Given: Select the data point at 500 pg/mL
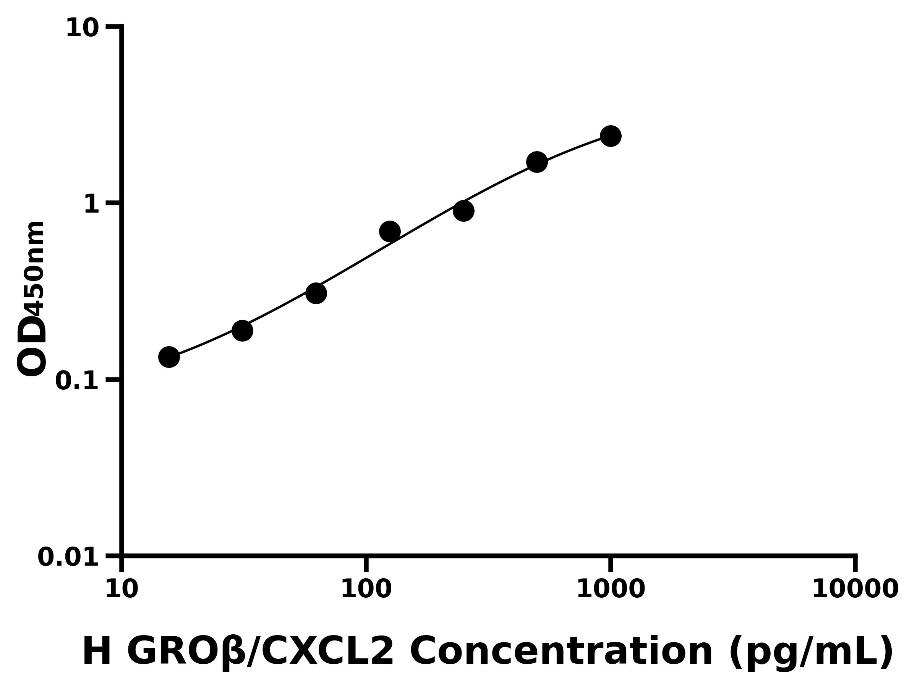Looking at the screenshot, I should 537,161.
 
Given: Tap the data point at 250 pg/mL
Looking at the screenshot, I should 463,211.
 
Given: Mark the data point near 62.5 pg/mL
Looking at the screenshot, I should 316,293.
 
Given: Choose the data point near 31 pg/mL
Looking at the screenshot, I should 242,331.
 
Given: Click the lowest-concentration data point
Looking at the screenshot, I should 169,357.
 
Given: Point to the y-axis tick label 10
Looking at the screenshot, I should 83,29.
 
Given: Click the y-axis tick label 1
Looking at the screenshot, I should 92,205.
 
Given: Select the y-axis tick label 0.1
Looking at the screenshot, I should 77,381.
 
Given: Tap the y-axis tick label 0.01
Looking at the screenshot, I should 68,557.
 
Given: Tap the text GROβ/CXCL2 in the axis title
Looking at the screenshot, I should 260,652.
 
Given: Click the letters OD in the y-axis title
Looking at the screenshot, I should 32,345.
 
